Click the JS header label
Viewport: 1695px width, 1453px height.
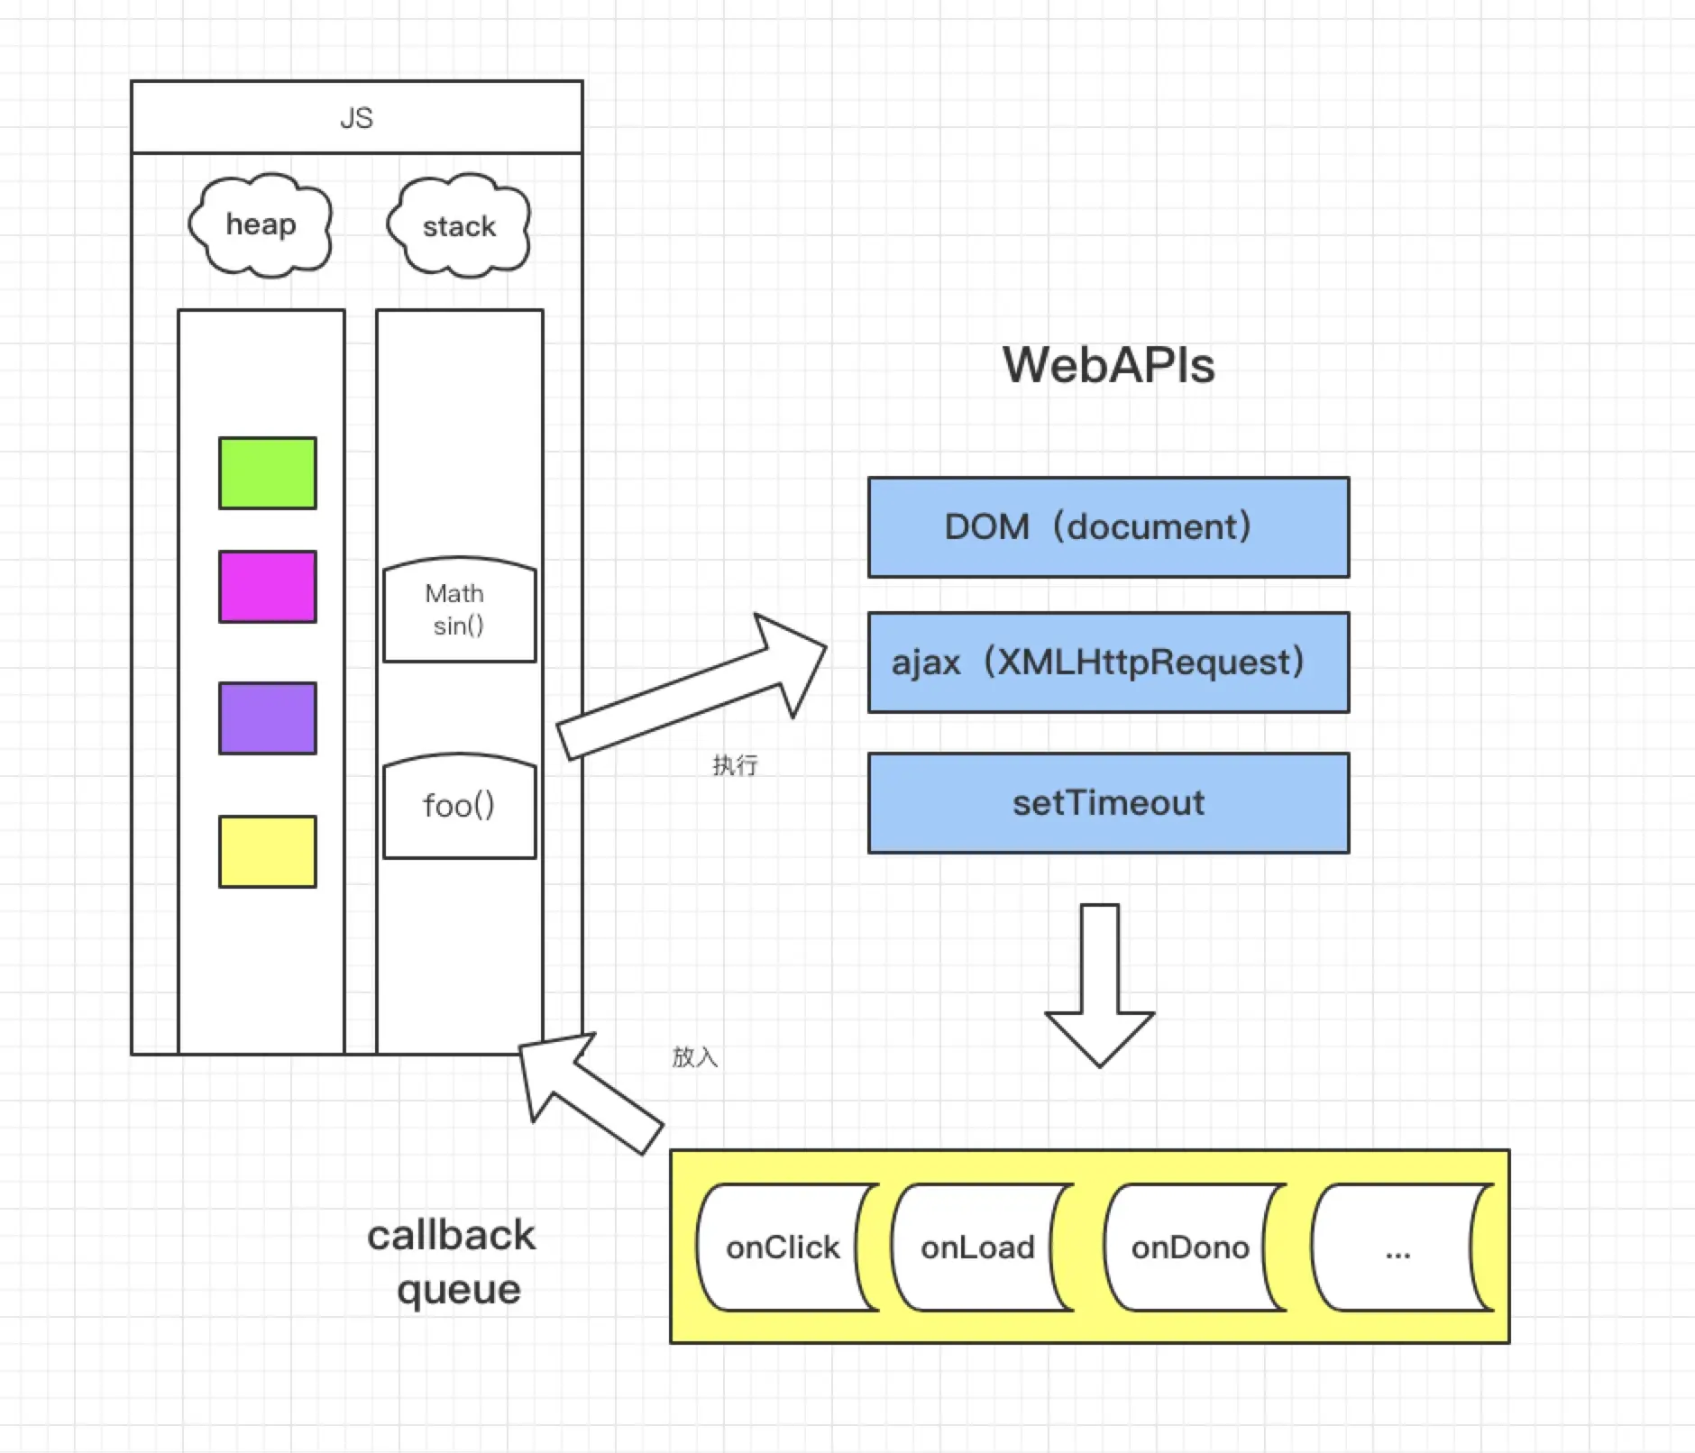(356, 118)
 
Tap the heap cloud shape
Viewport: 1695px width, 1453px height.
(261, 224)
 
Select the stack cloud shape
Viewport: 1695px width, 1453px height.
(459, 226)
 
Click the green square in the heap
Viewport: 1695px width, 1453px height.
(268, 473)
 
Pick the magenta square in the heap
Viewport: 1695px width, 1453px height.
(268, 587)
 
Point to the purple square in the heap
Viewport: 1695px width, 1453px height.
(268, 718)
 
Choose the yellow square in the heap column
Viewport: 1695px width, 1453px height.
(268, 852)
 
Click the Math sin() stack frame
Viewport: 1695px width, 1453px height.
(459, 610)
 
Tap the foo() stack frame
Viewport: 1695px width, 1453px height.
(459, 806)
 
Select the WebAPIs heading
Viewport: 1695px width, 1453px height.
(1108, 365)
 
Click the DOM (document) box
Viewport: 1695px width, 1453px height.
(1108, 527)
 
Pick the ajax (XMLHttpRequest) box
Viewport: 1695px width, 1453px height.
(1108, 663)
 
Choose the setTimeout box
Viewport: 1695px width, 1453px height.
(1108, 803)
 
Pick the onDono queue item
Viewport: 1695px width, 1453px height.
(1190, 1247)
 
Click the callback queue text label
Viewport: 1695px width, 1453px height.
(453, 1262)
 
